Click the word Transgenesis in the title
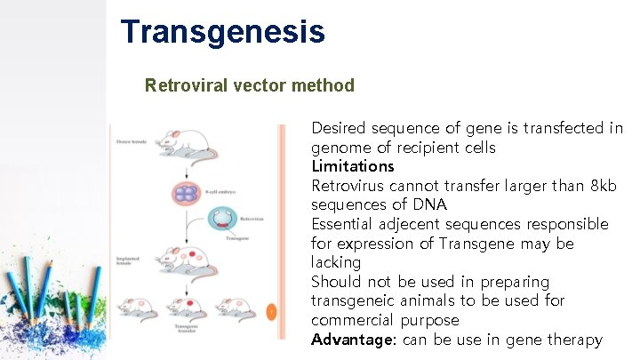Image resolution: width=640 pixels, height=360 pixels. tap(223, 32)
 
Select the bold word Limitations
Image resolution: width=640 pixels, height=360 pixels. tap(352, 166)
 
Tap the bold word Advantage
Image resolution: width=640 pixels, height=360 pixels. tap(352, 340)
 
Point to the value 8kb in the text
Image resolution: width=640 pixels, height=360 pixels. tap(602, 185)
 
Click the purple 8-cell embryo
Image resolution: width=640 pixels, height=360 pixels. tap(188, 193)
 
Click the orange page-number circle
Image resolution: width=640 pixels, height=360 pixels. tap(272, 311)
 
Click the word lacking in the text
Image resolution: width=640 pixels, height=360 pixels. tap(336, 262)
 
